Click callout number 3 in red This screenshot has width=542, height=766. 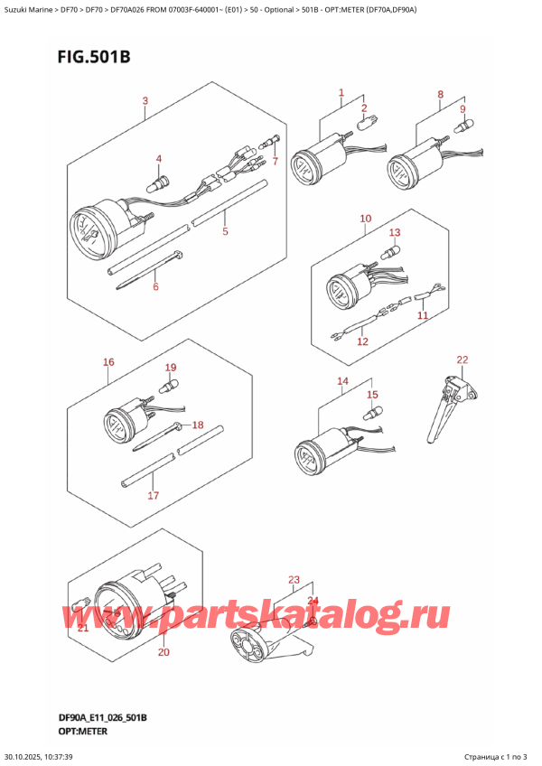pyautogui.click(x=145, y=101)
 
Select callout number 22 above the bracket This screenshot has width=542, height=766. pyautogui.click(x=463, y=360)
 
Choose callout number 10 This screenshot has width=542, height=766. pyautogui.click(x=365, y=219)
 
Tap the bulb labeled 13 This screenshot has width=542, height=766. pyautogui.click(x=393, y=248)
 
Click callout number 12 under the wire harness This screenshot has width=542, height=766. pyautogui.click(x=362, y=341)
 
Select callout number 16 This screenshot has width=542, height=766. pyautogui.click(x=108, y=362)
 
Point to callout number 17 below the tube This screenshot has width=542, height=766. pyautogui.click(x=153, y=495)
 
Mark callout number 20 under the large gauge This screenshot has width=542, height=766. pyautogui.click(x=163, y=651)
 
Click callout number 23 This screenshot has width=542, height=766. pyautogui.click(x=293, y=579)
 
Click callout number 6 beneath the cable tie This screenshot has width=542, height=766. pyautogui.click(x=155, y=287)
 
